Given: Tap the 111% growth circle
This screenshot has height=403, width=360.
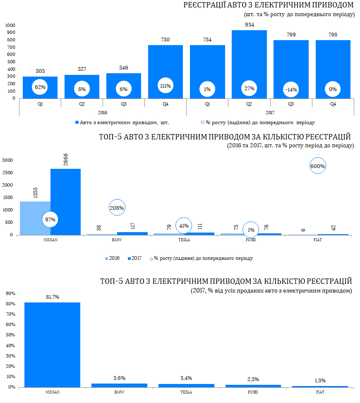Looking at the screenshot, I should (166, 86).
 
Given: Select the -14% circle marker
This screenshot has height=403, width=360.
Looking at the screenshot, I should (291, 89).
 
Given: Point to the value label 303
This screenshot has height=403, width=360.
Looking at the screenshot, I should (40, 71).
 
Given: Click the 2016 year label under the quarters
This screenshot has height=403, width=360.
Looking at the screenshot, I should (103, 112).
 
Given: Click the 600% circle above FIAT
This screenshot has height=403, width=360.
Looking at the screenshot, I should (318, 166).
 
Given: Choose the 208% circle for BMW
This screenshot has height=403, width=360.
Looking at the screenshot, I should (117, 208).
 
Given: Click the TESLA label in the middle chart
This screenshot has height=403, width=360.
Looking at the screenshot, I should (184, 240).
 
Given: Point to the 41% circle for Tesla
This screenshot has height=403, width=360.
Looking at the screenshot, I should (184, 226).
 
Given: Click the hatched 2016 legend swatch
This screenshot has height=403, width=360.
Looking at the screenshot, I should (108, 258).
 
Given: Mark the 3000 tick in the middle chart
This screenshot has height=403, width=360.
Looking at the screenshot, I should (8, 160).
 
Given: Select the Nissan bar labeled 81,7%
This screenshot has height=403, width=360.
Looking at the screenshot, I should (52, 345).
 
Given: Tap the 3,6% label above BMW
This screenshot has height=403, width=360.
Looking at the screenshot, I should (119, 378).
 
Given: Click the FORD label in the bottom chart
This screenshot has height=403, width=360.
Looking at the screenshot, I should (253, 392).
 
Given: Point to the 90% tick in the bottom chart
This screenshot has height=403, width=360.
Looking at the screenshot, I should (10, 293).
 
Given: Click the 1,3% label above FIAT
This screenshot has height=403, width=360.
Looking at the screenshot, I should (320, 381).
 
